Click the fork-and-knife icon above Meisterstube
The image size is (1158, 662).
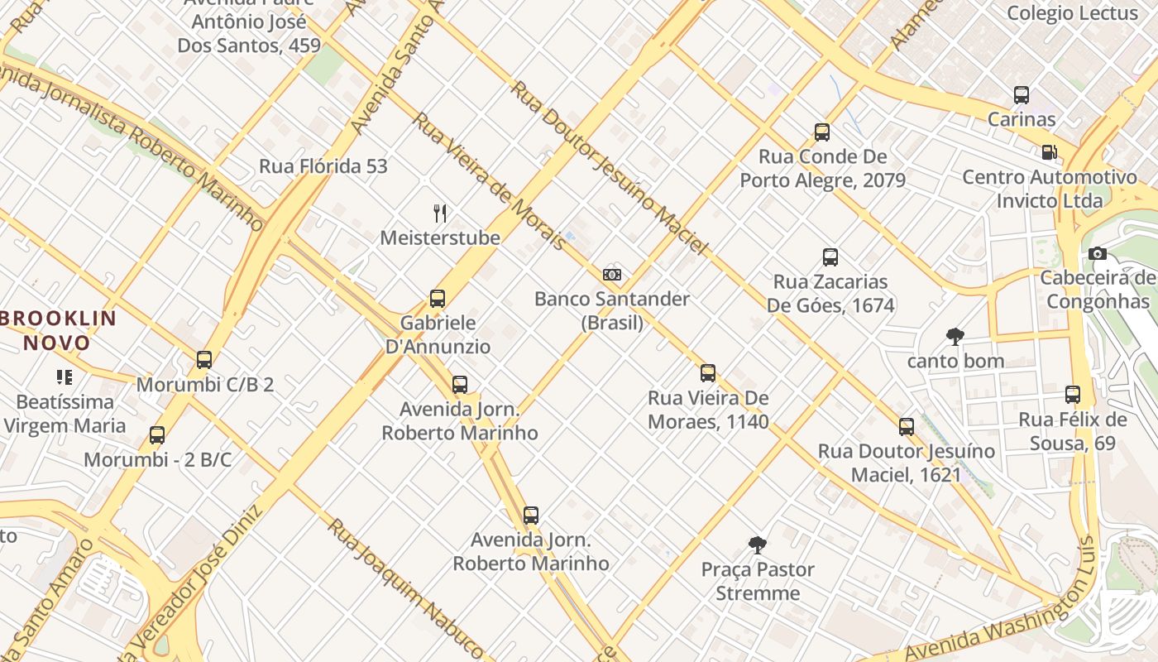[441, 213]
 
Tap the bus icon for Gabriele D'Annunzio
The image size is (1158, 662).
[438, 299]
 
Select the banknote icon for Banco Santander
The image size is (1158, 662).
[612, 275]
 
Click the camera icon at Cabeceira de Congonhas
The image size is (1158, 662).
[1098, 253]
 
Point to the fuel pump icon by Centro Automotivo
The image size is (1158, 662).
[1049, 152]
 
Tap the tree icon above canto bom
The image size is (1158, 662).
[955, 336]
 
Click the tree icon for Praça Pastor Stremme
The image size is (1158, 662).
[757, 544]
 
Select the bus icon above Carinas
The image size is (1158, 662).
[1022, 95]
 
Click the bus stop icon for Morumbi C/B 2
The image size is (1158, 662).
[204, 360]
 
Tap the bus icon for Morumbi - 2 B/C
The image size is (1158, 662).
[157, 435]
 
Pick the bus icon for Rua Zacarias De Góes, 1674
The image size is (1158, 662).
[830, 257]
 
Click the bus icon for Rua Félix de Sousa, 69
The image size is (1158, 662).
[1073, 395]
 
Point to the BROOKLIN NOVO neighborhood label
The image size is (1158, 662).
[58, 330]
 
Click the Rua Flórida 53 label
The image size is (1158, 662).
[323, 166]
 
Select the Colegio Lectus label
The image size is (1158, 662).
[1072, 13]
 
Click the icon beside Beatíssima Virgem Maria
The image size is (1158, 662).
[65, 377]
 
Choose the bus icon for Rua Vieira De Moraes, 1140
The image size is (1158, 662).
[707, 373]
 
